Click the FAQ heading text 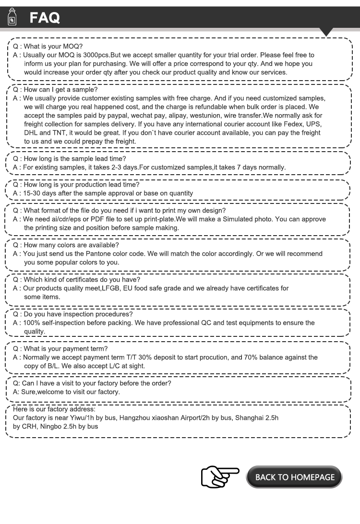45,18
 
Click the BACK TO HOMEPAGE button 295,477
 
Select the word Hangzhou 139,417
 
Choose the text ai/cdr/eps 64,219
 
